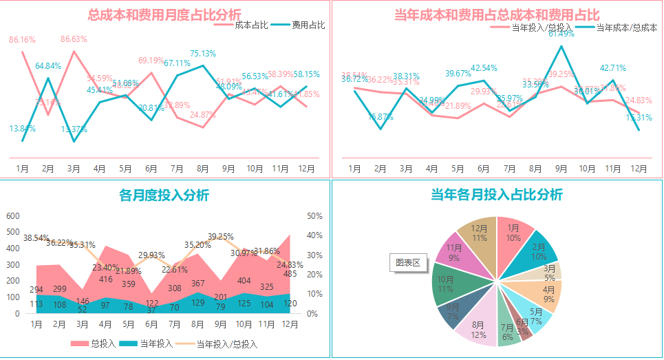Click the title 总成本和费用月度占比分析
pyautogui.click(x=164, y=14)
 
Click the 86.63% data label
pyautogui.click(x=74, y=39)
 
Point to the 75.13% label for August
pyautogui.click(x=203, y=54)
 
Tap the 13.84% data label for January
pyautogui.click(x=23, y=129)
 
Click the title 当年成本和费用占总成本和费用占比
pyautogui.click(x=497, y=14)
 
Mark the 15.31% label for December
pyautogui.click(x=639, y=118)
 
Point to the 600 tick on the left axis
pyautogui.click(x=13, y=216)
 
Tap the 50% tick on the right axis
pyautogui.click(x=314, y=216)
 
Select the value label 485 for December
pyautogui.click(x=290, y=274)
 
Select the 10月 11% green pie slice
pyautogui.click(x=446, y=284)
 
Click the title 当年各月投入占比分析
pyautogui.click(x=496, y=194)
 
